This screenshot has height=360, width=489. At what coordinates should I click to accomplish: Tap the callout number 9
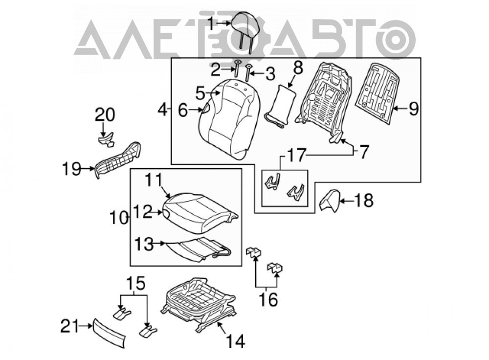pyautogui.click(x=413, y=109)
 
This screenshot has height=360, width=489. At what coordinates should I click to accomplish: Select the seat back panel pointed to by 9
pyautogui.click(x=378, y=92)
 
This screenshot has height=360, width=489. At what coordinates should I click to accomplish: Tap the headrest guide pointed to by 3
pyautogui.click(x=248, y=73)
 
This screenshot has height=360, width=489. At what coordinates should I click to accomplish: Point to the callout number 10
pyautogui.click(x=119, y=218)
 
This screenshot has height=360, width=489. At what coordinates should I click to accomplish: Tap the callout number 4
pyautogui.click(x=163, y=110)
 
